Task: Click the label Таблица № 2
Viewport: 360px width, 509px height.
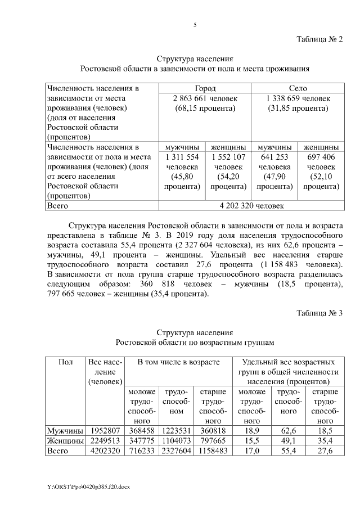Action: [x=319, y=39]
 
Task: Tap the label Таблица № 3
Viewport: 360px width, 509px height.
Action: [x=319, y=313]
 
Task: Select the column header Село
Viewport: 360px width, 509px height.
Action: [x=298, y=89]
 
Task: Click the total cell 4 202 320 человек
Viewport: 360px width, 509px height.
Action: [x=252, y=206]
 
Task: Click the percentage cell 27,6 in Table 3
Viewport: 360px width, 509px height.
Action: [x=325, y=451]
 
